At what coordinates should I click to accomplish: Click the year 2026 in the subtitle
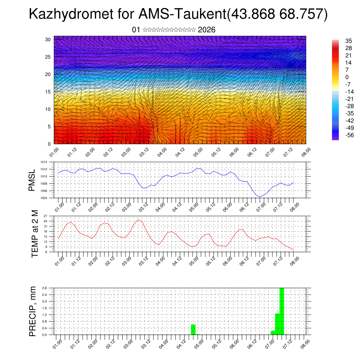tap(207, 30)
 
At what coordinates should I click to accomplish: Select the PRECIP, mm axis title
tap(32, 311)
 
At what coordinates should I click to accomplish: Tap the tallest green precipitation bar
tap(282, 311)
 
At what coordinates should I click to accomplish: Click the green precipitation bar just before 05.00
tap(193, 330)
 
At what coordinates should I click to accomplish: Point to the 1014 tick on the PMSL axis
tap(44, 162)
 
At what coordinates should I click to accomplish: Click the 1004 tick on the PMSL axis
tap(44, 198)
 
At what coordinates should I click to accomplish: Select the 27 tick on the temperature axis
tap(45, 216)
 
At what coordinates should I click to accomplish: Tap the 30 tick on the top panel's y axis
tap(48, 39)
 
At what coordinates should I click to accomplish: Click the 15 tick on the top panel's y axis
tap(48, 92)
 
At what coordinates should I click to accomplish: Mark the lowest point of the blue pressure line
tap(260, 197)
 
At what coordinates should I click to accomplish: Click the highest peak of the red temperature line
tap(138, 220)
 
